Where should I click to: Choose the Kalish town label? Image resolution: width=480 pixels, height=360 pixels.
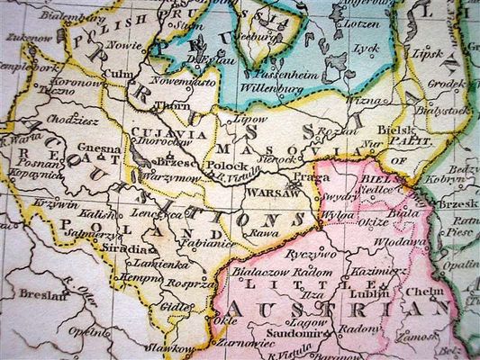(96, 215)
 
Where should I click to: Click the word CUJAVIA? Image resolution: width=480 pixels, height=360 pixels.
(158, 132)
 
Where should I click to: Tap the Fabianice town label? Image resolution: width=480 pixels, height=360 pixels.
(206, 242)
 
